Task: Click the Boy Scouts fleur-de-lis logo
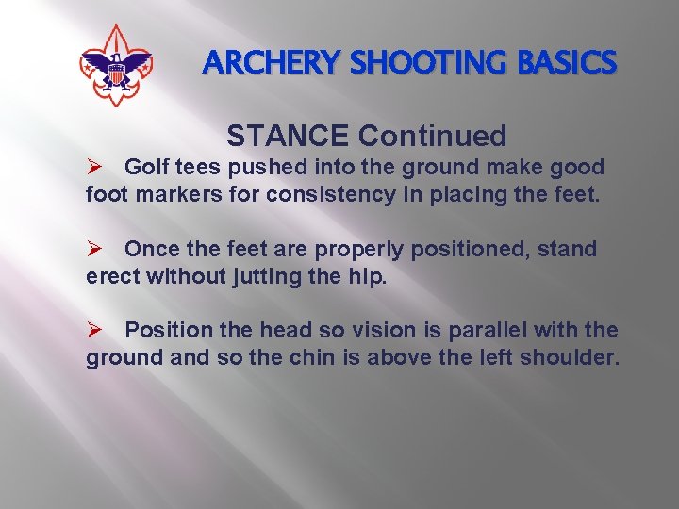(x=116, y=65)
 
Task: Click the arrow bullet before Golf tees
(x=93, y=167)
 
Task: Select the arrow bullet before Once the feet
(x=93, y=249)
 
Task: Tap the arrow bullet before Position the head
(x=93, y=331)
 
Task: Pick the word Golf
(x=146, y=167)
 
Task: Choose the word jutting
(x=265, y=277)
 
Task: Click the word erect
(x=112, y=277)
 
